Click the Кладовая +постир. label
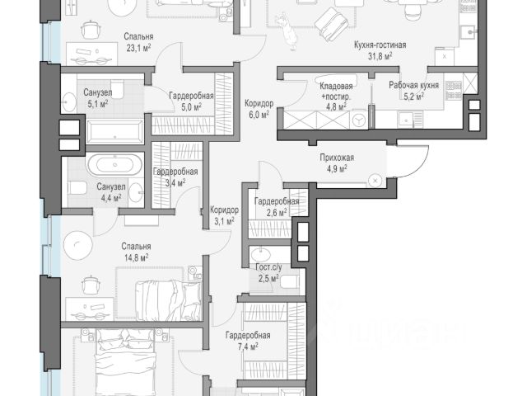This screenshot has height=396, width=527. point(336,90)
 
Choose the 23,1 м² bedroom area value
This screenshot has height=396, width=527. point(137,48)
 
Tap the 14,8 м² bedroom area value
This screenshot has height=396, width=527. point(134,257)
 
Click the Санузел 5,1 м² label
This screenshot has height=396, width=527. point(97,98)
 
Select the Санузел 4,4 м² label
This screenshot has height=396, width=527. point(110,192)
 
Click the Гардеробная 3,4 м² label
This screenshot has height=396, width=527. point(174,177)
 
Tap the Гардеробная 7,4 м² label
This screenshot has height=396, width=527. point(248,341)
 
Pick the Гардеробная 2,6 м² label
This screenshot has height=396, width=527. point(275,207)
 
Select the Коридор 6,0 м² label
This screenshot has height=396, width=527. point(258,110)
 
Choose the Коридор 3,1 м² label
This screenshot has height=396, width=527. point(224,215)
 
